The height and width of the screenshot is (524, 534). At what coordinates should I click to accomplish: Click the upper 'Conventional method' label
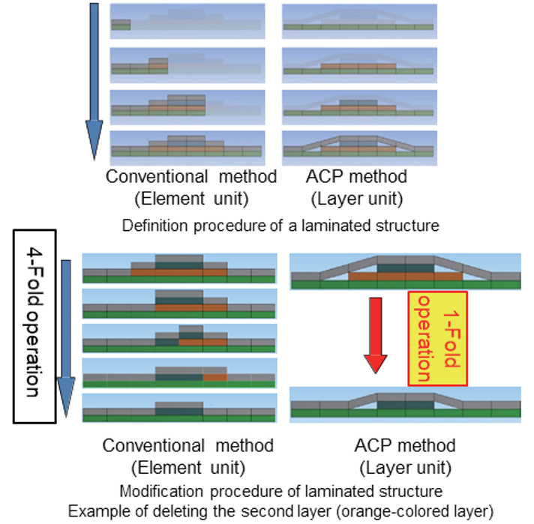(190, 177)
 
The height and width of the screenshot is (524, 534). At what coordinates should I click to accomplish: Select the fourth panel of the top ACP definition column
(359, 148)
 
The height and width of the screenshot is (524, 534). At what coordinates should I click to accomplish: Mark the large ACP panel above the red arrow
(405, 271)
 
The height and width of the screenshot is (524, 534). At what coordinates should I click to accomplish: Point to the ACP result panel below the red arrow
(405, 401)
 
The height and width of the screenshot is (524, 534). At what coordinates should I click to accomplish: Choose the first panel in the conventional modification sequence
(179, 268)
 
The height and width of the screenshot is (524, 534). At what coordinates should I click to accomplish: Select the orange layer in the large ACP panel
(405, 277)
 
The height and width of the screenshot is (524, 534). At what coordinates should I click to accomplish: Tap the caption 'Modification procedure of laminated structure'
(280, 492)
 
